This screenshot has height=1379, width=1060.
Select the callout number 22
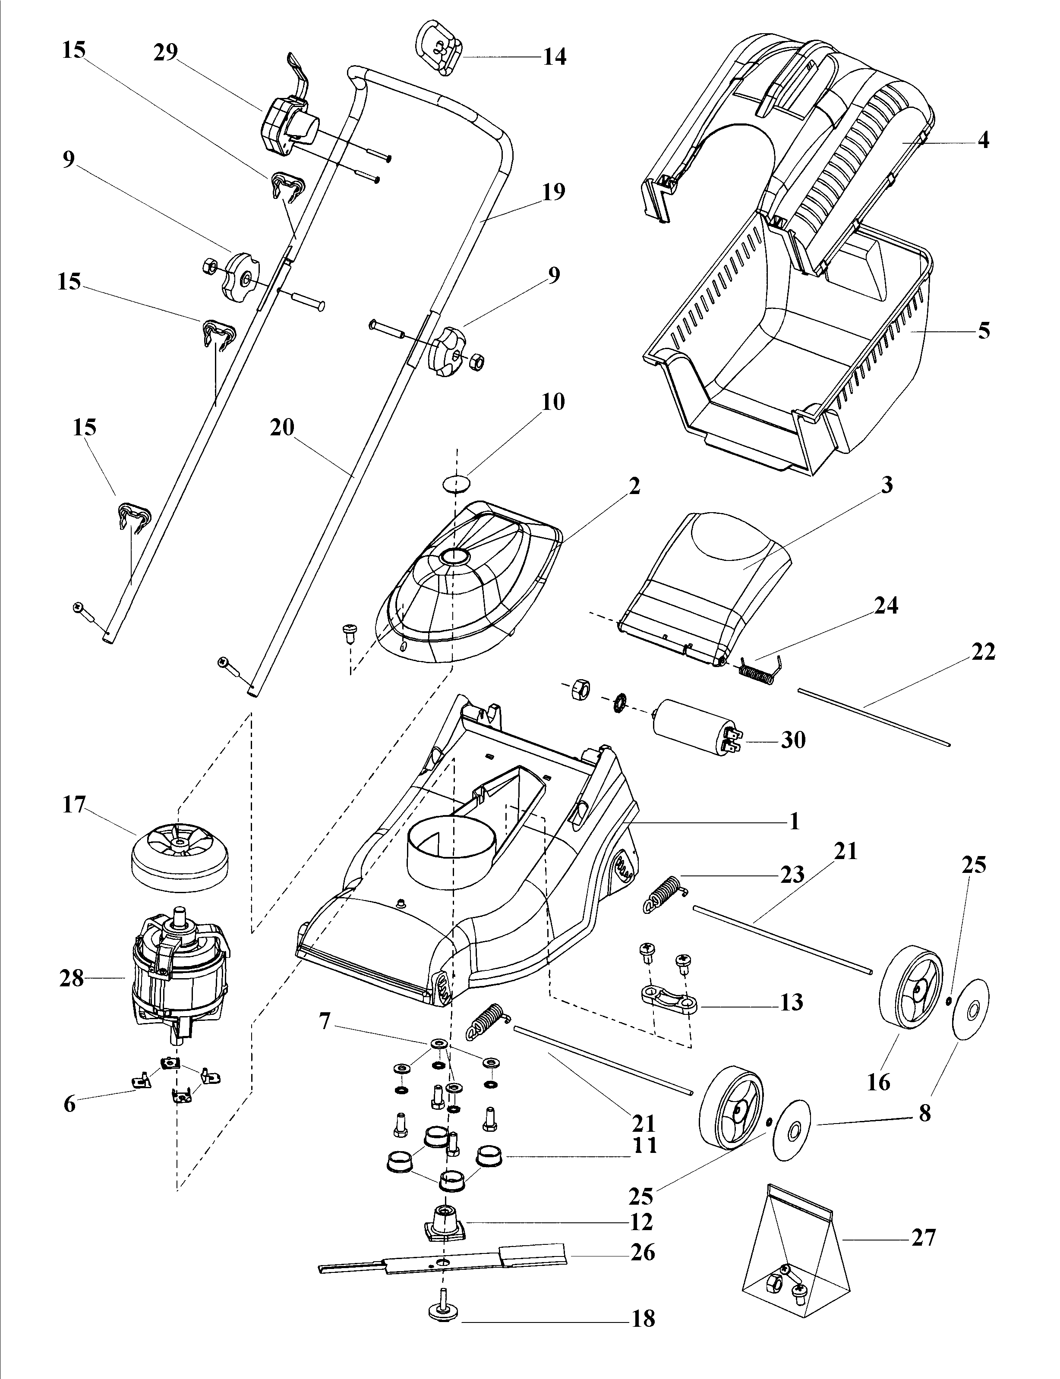(x=983, y=652)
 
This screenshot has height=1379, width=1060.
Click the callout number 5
(x=984, y=330)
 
